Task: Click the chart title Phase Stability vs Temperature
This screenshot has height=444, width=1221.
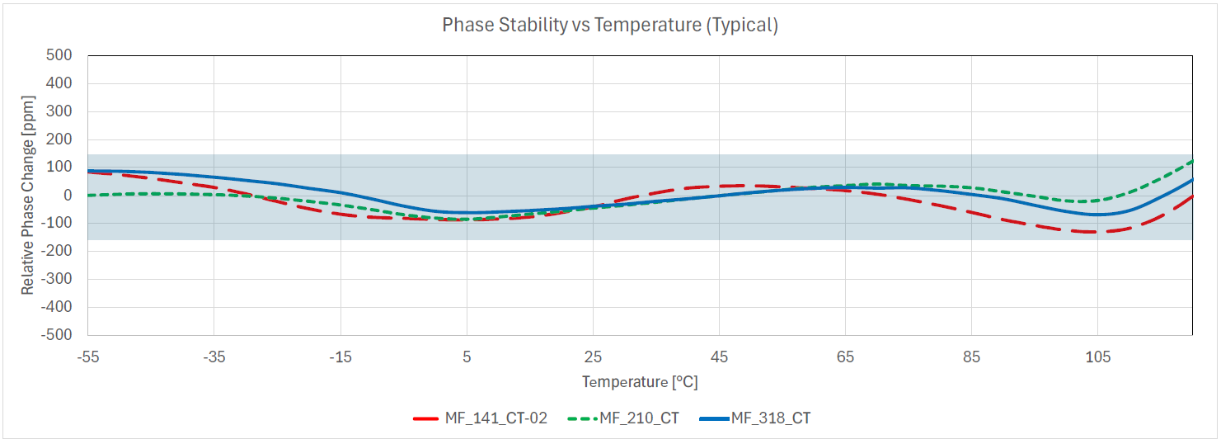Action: [x=610, y=25]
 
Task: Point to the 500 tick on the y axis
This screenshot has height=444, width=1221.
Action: [x=60, y=55]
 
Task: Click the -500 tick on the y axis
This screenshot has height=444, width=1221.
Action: [x=57, y=335]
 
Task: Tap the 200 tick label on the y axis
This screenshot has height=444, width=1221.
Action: [x=60, y=139]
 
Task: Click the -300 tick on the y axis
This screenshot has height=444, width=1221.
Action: [x=57, y=279]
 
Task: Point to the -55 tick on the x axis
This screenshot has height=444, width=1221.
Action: [x=87, y=357]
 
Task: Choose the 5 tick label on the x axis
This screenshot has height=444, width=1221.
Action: [x=467, y=357]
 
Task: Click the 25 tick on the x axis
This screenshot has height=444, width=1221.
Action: [x=593, y=357]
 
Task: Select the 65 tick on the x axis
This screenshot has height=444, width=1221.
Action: [x=845, y=357]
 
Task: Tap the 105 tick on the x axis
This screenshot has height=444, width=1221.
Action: [x=1097, y=357]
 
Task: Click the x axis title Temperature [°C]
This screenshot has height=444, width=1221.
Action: [x=641, y=382]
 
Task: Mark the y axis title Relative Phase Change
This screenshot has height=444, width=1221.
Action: [x=28, y=196]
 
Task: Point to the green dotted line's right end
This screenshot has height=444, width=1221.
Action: [x=1192, y=161]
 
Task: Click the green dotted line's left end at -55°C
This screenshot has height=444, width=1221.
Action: [x=89, y=195]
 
